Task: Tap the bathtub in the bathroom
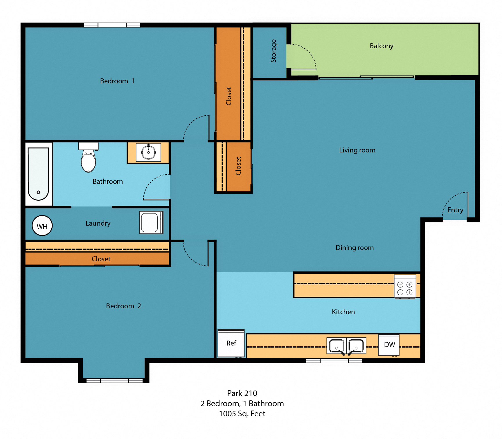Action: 38,174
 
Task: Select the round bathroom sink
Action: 148,152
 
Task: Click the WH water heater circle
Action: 42,226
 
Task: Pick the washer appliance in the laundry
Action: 151,222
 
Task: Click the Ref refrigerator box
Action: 231,343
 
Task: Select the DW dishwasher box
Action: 389,345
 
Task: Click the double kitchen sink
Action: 346,346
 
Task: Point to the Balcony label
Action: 381,46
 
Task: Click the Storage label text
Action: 273,51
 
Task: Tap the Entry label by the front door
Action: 455,210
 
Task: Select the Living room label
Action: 357,150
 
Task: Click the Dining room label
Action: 354,248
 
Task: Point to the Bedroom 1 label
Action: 117,81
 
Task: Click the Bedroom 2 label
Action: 123,306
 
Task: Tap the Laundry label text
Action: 98,223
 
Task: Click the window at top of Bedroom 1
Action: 112,25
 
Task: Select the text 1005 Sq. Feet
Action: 242,414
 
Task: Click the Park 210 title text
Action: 242,393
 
